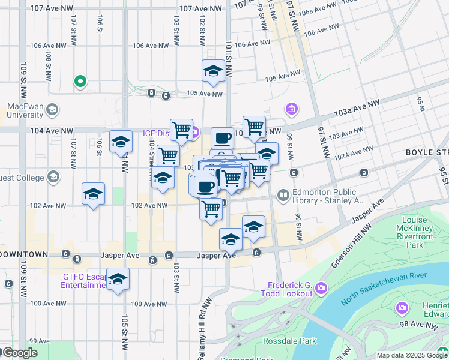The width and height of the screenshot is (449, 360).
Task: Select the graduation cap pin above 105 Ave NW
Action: click(213, 71)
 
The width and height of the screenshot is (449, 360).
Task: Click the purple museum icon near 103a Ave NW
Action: click(292, 109)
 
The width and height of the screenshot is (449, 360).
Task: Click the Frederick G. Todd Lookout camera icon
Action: click(321, 289)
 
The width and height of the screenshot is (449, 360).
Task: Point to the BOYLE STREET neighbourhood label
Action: click(427, 153)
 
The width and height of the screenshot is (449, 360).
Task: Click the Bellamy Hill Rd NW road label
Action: click(202, 333)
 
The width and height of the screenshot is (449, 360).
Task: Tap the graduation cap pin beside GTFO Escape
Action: click(118, 279)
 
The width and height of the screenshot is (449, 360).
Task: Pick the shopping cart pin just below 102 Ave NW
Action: click(211, 209)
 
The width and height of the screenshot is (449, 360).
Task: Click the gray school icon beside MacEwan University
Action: click(52, 109)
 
